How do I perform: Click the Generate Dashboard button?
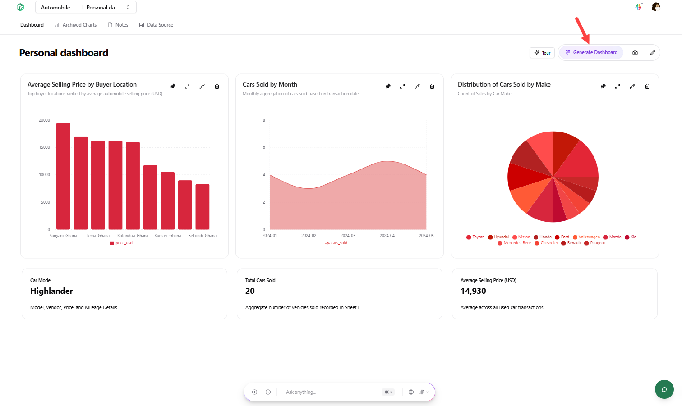[591, 53]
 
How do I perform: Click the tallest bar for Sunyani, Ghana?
[63, 176]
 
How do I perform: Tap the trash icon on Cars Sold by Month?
[432, 86]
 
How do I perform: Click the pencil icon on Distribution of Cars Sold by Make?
[632, 86]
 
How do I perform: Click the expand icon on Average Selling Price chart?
[187, 86]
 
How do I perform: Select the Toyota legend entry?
[475, 237]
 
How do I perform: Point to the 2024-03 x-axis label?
[348, 236]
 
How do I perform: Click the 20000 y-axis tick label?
[44, 120]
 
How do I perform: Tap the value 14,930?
[473, 291]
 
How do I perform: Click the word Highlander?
[51, 291]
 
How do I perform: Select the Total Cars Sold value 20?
[250, 291]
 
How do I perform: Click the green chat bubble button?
[664, 389]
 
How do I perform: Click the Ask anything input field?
[329, 392]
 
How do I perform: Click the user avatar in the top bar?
[656, 7]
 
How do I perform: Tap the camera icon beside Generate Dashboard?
[635, 53]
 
